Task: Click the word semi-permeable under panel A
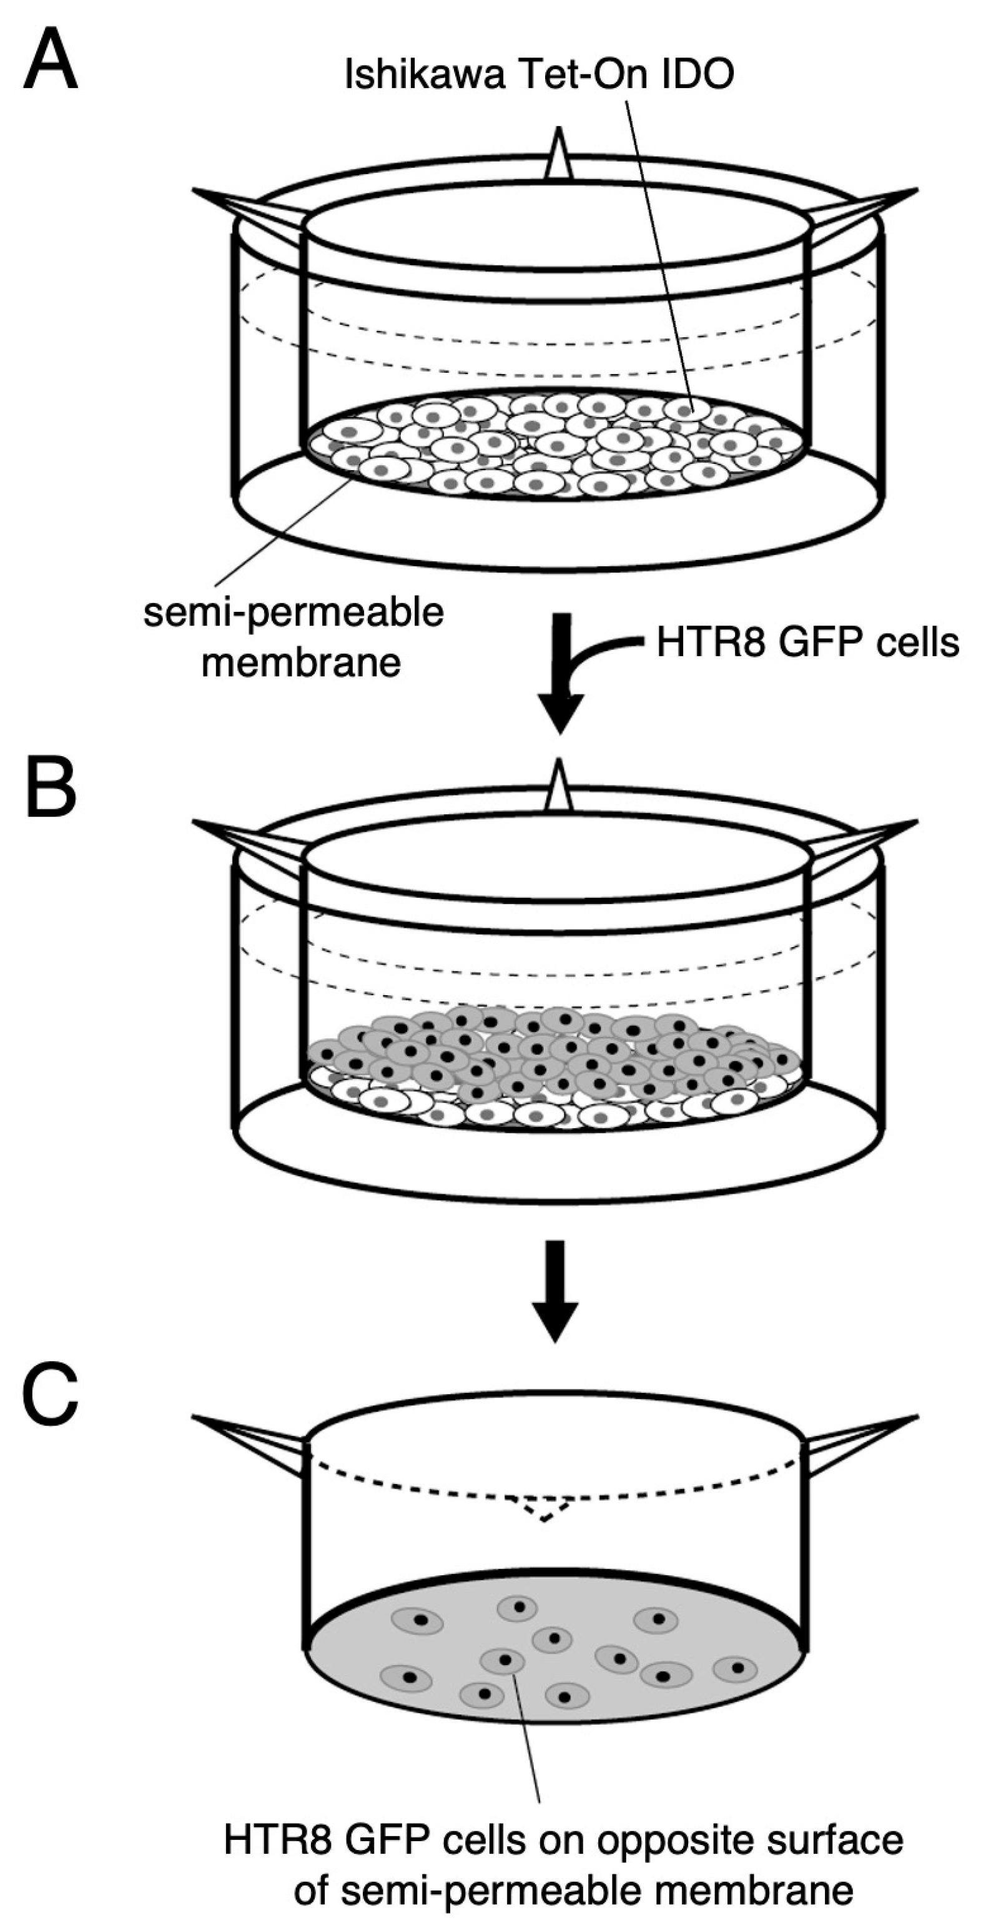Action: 293,614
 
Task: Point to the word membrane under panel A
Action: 301,663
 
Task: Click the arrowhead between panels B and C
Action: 555,1321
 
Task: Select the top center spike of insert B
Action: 558,786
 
